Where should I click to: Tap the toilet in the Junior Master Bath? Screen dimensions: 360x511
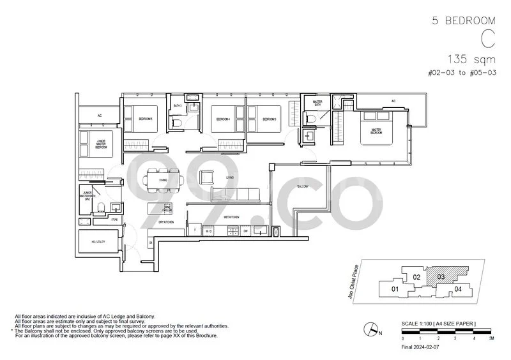point(101,206)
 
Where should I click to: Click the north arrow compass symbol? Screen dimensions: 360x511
point(370,329)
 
